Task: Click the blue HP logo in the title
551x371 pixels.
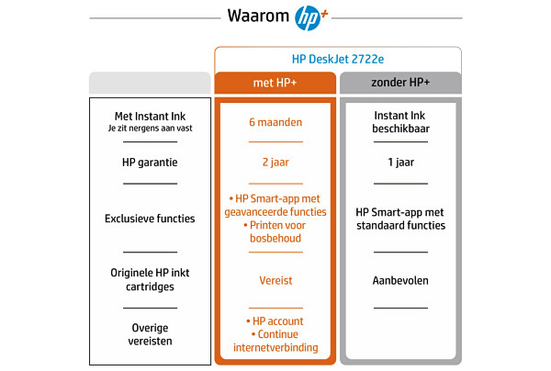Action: click(x=308, y=18)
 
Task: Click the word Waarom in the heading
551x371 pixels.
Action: click(x=258, y=16)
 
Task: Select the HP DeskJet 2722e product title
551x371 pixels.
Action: click(x=338, y=59)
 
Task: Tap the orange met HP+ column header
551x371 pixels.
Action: click(x=275, y=83)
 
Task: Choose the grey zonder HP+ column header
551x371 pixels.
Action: click(x=400, y=83)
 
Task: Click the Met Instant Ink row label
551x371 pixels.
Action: click(x=150, y=117)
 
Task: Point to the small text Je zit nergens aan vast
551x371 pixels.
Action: click(x=150, y=129)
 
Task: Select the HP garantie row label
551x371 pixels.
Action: click(x=150, y=163)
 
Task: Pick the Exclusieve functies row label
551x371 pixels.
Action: click(x=150, y=219)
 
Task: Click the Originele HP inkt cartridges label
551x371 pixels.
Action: click(x=150, y=280)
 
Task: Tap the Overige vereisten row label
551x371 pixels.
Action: click(x=150, y=334)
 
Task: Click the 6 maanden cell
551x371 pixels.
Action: click(x=275, y=122)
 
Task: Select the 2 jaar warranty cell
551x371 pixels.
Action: click(x=275, y=163)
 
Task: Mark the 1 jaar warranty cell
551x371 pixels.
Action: click(x=401, y=163)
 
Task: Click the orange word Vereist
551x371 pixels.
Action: click(x=275, y=280)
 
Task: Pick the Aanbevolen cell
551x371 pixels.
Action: click(x=400, y=280)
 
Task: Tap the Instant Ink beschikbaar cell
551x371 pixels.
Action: click(x=400, y=122)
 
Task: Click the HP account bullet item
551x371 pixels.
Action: click(x=275, y=321)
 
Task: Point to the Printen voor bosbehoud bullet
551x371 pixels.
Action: click(x=275, y=231)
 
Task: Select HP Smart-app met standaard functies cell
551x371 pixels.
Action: click(x=400, y=219)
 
